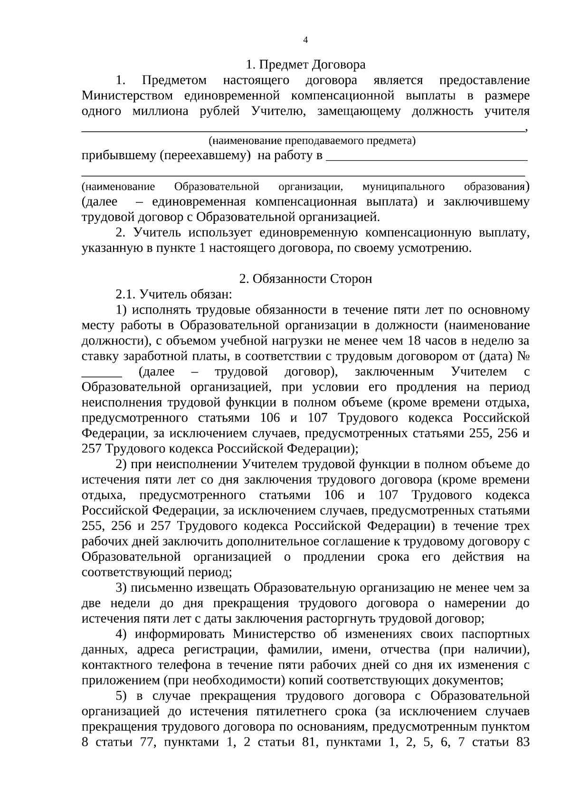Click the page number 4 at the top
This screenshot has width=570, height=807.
305,40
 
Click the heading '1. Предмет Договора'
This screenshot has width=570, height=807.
305,65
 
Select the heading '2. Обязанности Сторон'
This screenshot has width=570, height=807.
305,279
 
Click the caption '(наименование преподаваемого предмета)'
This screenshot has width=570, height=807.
312,141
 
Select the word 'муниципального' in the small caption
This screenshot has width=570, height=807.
403,187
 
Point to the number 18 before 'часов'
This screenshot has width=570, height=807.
411,341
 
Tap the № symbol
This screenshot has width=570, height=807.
522,356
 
